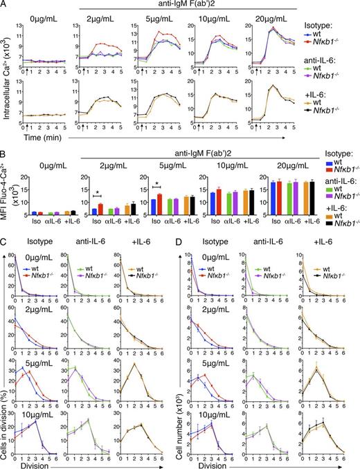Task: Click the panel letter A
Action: [x=5, y=6]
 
